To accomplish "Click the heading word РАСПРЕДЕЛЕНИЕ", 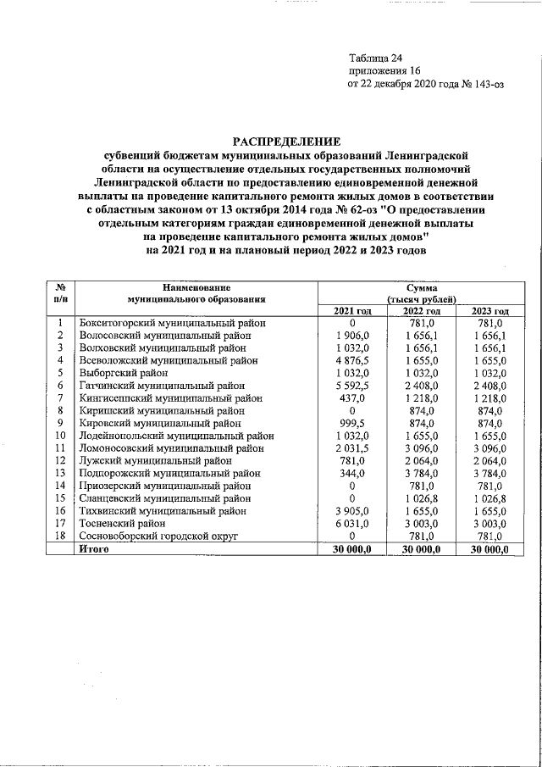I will coord(286,141).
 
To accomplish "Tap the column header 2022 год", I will coord(421,312).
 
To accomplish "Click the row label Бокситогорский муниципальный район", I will coord(172,324).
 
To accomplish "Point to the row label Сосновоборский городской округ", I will coord(158,536).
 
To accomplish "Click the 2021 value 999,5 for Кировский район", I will coord(351,423).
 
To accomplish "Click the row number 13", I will coord(60,473).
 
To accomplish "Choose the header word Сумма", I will coord(421,289).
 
